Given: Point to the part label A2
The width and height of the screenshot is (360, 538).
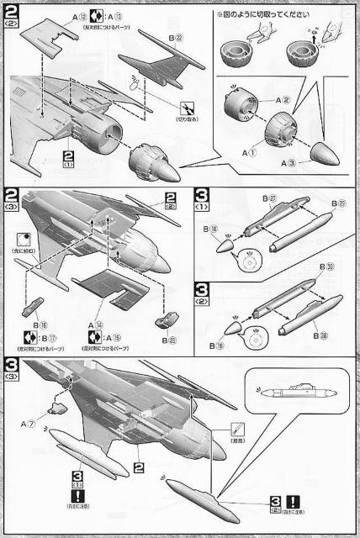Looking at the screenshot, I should click(285, 100).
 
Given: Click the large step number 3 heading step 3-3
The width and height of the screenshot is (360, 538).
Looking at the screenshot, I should click(12, 365).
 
